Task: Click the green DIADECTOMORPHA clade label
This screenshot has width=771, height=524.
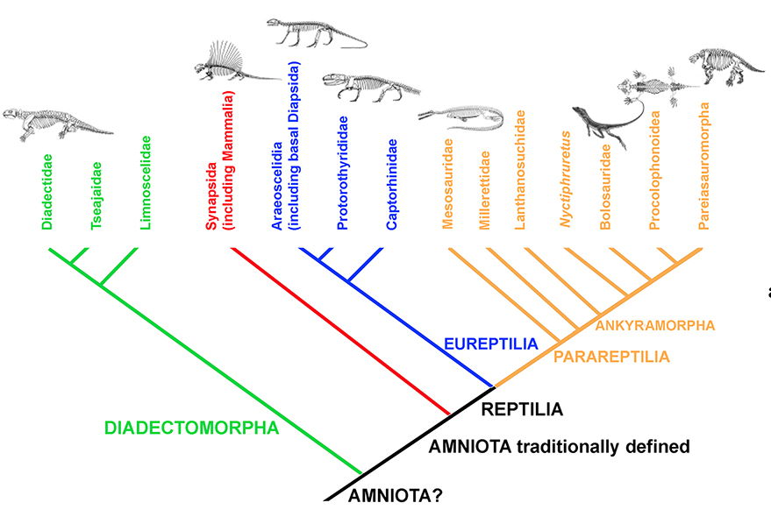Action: tap(191, 428)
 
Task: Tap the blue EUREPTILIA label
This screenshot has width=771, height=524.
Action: tap(486, 343)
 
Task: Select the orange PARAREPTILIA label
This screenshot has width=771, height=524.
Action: tap(610, 357)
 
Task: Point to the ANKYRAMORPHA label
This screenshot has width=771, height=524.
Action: tap(655, 325)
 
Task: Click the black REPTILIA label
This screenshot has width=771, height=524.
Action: tap(522, 408)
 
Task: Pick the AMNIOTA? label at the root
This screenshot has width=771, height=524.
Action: tap(395, 496)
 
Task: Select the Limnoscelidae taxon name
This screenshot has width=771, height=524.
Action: tap(146, 181)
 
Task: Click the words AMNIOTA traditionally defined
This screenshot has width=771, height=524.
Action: tap(560, 447)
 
